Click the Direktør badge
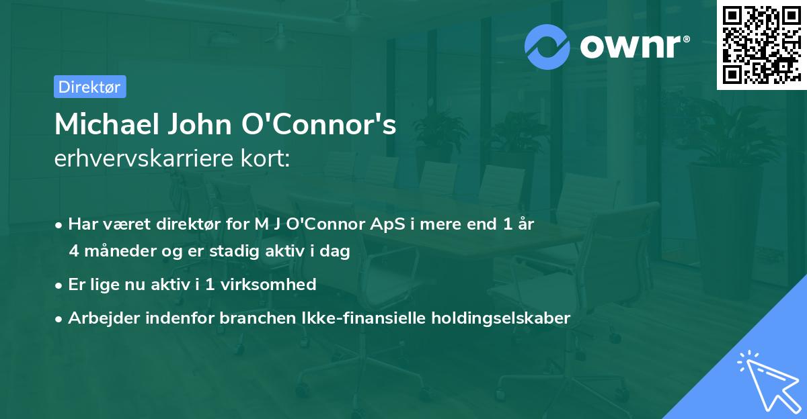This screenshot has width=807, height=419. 89,87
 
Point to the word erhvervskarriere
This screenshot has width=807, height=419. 151,159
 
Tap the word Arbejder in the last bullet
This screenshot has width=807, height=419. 99,318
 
